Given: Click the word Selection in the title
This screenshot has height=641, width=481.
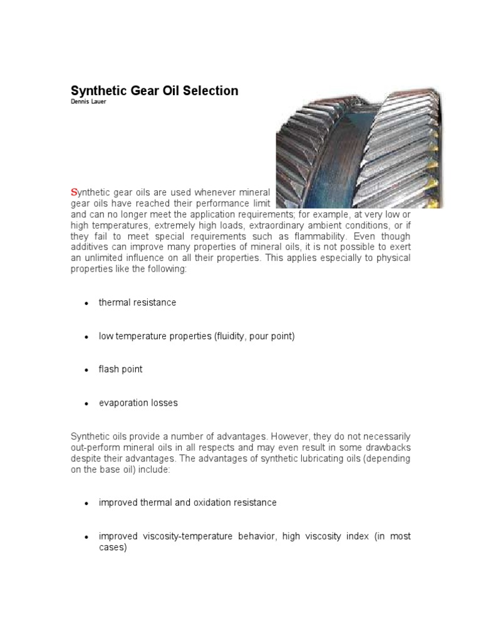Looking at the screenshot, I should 209,91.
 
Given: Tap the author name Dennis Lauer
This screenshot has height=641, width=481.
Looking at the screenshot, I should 88,102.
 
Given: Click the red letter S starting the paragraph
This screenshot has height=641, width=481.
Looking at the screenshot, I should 74,192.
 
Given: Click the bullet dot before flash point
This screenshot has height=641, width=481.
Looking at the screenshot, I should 86,370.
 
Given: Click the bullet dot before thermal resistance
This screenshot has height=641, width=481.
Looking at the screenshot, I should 86,303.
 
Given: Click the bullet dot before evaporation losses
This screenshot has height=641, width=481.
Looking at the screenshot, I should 86,404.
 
